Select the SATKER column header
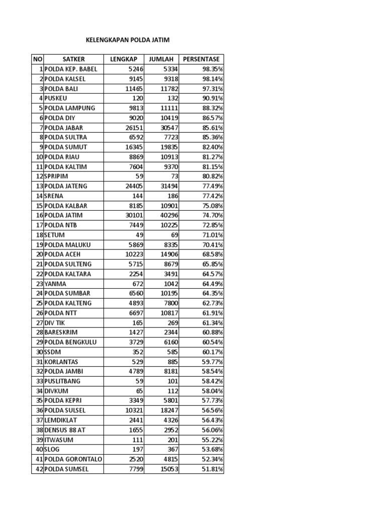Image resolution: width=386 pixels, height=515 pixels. [x=74, y=59]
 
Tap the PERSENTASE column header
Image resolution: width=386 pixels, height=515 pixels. [x=201, y=59]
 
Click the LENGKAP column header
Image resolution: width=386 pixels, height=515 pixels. [x=124, y=59]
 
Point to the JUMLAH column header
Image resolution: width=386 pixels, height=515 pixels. [x=161, y=59]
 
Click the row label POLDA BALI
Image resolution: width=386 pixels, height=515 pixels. [x=61, y=89]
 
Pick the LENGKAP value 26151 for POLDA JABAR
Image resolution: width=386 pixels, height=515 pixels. [x=134, y=128]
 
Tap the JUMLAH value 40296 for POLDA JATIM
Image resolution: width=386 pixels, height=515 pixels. [x=168, y=215]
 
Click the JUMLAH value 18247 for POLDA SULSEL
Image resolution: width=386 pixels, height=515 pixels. [x=168, y=410]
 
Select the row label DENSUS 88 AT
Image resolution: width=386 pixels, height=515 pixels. [x=66, y=430]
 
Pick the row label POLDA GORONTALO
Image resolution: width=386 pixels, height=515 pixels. [x=73, y=459]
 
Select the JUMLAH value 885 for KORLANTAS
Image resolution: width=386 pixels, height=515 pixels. [x=171, y=362]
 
